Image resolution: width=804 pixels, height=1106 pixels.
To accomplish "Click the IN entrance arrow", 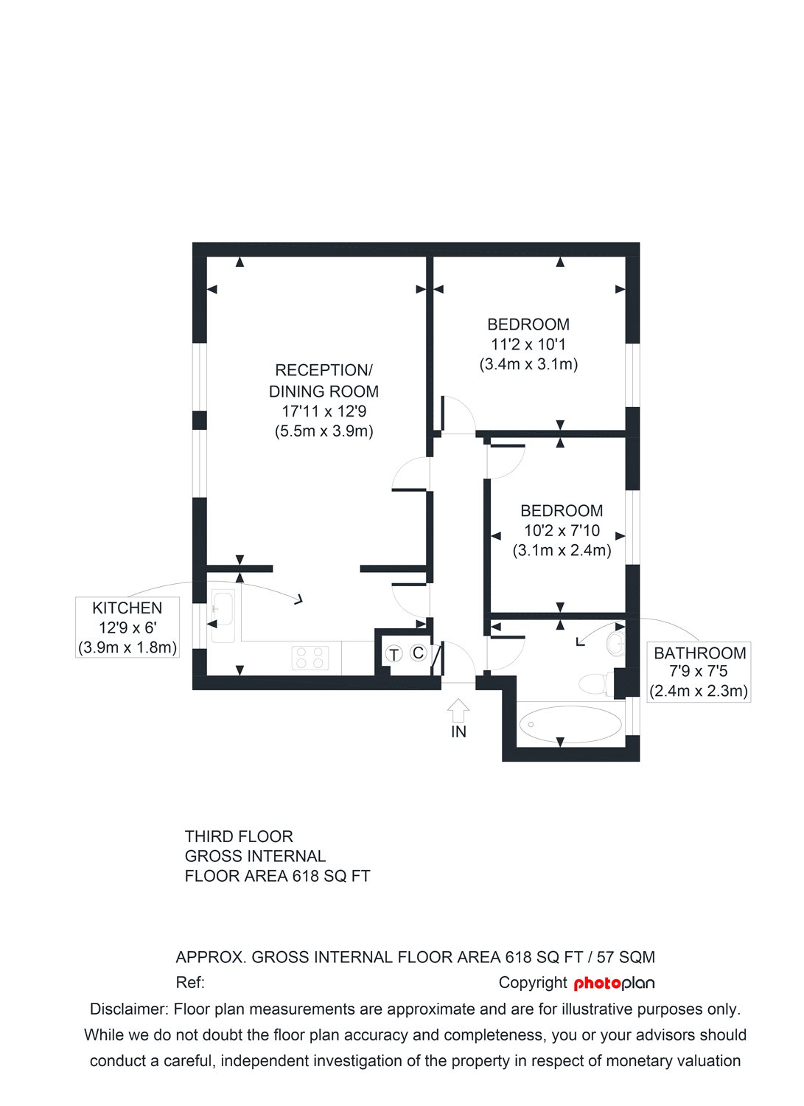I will click(458, 710).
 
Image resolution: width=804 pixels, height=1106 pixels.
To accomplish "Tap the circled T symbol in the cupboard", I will click(394, 654).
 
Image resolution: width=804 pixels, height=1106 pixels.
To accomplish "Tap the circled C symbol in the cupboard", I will click(418, 653).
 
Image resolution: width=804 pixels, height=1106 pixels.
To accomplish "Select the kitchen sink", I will click(222, 614).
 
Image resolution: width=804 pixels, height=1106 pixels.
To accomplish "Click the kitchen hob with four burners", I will click(310, 657).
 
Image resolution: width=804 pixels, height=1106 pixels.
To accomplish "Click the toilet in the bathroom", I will click(594, 684).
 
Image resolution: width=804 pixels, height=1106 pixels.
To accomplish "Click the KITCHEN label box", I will click(127, 627).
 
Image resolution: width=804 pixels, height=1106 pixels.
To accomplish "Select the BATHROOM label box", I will click(699, 672).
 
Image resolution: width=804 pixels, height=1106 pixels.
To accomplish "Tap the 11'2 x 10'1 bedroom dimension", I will click(528, 344).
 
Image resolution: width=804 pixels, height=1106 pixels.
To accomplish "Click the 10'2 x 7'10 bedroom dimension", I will click(562, 531).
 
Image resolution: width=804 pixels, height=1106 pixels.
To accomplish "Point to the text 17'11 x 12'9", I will click(324, 411).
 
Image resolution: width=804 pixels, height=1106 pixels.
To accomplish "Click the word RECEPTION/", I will click(324, 370).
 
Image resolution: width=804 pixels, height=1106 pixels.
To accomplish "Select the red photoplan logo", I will click(614, 983).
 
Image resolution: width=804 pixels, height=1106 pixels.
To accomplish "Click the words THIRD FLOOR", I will click(239, 836).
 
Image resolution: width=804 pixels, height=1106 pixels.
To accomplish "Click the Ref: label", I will click(190, 982).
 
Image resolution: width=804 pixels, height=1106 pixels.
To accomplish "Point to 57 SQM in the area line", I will click(626, 957).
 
